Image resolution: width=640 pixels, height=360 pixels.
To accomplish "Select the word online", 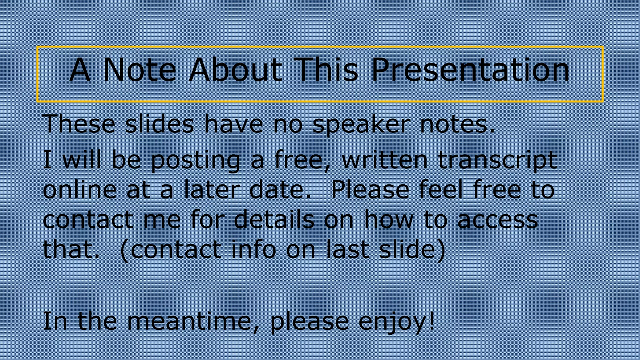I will click(79, 190).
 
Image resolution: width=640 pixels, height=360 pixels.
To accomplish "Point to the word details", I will click(274, 219).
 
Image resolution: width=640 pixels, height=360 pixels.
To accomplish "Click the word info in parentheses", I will click(253, 249).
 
